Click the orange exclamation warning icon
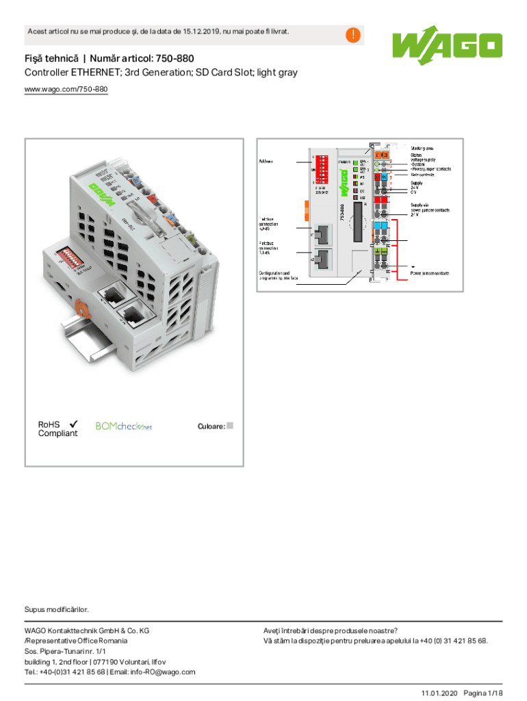tap(353, 35)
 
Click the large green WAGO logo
tap(446, 46)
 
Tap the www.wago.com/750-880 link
tap(66, 89)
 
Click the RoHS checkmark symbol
tap(72, 424)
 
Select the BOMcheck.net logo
tap(123, 426)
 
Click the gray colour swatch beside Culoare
tap(230, 425)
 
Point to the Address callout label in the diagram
tap(268, 162)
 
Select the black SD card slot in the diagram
tap(357, 223)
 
